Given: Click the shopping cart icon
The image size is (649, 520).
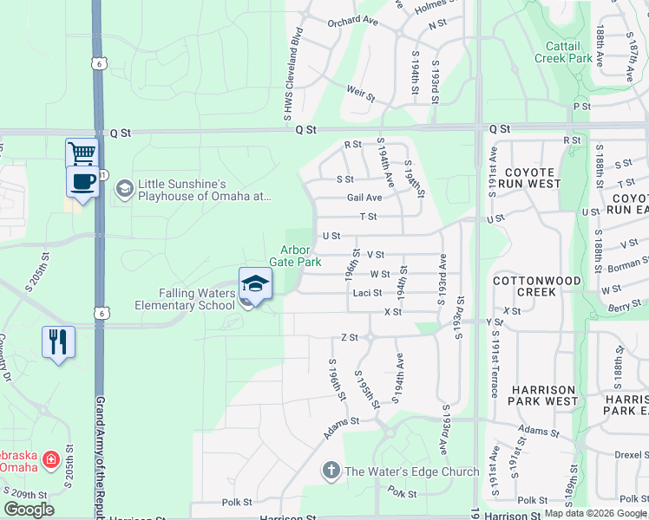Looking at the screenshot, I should tap(82, 153).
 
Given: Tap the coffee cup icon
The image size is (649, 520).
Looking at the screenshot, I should tap(82, 181).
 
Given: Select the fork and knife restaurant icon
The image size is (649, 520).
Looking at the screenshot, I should tap(58, 341).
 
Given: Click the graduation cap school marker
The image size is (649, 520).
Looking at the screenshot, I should tap(255, 283).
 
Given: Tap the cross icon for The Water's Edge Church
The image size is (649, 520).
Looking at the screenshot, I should tap(331, 471).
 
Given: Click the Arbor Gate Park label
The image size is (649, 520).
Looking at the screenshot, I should tap(301, 256).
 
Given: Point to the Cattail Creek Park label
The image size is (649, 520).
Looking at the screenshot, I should tap(569, 52).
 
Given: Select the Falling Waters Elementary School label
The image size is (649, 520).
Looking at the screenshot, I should tap(185, 299).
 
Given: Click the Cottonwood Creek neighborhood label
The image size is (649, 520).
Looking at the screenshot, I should tap(536, 287).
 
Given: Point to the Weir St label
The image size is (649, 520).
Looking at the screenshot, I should tap(359, 89).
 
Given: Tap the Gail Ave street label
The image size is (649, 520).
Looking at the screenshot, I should tap(364, 198).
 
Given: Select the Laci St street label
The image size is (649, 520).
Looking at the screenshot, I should tap(367, 293).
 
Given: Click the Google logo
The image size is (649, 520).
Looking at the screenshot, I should tap(29, 510).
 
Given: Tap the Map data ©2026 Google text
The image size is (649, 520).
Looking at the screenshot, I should tap(595, 513).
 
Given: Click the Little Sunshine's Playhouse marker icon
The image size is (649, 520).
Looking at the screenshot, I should tap(125, 188).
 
